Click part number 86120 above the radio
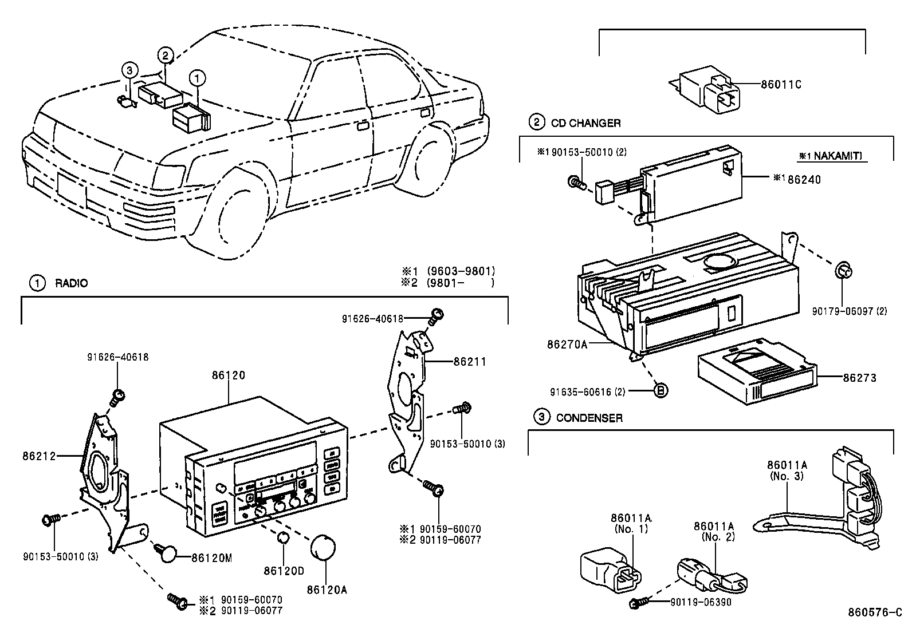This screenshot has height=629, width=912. pos(228,375)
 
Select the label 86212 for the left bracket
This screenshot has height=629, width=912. pos(39,456)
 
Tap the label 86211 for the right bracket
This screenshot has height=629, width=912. pos(470,362)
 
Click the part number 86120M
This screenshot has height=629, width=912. pos(211,558)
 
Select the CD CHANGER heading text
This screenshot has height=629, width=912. pos(585,123)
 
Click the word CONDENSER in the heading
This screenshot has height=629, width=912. pos(589,418)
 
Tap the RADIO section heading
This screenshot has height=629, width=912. pos(71,283)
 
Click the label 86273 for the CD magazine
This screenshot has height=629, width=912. pos(859,378)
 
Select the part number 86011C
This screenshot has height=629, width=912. pos(781,85)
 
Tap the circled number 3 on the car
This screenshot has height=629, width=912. pos(130,70)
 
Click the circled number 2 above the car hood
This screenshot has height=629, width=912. pos(164,56)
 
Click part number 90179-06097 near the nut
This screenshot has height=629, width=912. pos(849,311)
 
